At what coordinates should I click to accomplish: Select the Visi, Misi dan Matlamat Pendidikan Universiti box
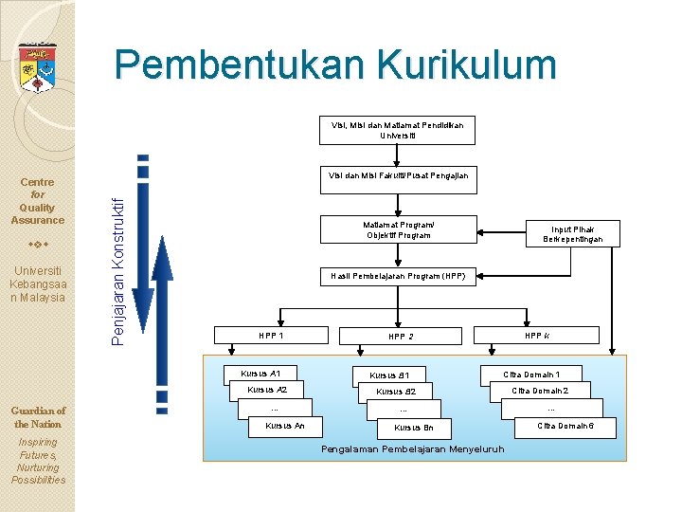pos(397,130)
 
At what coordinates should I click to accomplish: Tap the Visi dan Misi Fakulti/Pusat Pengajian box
pos(398,175)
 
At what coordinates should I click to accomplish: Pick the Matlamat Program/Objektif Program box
pos(397,229)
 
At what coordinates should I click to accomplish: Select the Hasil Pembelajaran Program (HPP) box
pos(397,276)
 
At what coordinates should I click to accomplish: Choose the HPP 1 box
pos(271,335)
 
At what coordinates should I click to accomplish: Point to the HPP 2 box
pos(401,336)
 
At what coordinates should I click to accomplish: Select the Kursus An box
pos(284,427)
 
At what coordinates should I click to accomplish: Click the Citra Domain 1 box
pos(531,375)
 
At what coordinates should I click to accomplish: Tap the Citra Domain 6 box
pos(565,427)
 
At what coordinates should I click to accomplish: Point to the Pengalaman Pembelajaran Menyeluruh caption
pos(413,448)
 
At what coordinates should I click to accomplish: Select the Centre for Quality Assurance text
pos(37,201)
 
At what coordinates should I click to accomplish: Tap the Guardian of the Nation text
pos(37,417)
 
